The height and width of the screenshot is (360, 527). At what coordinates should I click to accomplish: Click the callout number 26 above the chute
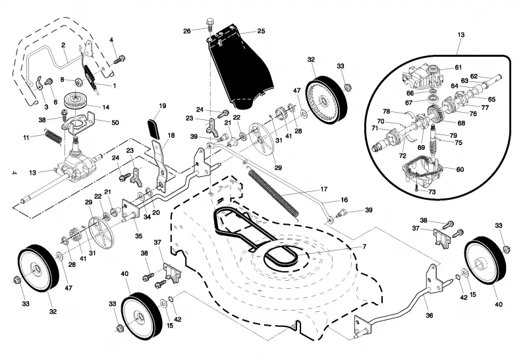(x=187, y=31)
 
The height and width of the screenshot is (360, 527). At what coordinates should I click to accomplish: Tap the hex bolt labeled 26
(x=209, y=25)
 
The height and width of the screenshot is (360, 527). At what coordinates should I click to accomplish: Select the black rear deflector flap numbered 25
(x=240, y=67)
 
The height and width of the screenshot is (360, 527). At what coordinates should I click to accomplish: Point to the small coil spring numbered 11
(x=53, y=136)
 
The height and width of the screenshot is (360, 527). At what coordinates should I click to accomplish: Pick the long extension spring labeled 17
(x=273, y=192)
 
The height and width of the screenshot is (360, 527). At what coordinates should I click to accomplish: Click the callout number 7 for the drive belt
(x=364, y=247)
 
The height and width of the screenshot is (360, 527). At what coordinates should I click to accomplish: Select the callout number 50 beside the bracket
(x=115, y=123)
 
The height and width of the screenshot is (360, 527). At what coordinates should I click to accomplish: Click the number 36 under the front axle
(x=430, y=315)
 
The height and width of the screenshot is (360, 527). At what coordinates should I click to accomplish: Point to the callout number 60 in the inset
(x=460, y=169)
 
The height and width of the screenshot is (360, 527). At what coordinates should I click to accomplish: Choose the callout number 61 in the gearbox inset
(x=458, y=67)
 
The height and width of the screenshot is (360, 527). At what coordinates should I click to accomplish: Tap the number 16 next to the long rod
(x=344, y=200)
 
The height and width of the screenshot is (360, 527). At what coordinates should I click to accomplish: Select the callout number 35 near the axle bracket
(x=138, y=236)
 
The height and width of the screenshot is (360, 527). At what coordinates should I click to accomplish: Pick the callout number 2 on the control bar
(x=63, y=45)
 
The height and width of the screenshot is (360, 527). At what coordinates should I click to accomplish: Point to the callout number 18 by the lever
(x=171, y=135)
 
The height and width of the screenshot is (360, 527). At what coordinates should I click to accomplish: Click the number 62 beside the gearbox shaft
(x=474, y=76)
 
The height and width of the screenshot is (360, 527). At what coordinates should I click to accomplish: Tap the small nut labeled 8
(x=77, y=81)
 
